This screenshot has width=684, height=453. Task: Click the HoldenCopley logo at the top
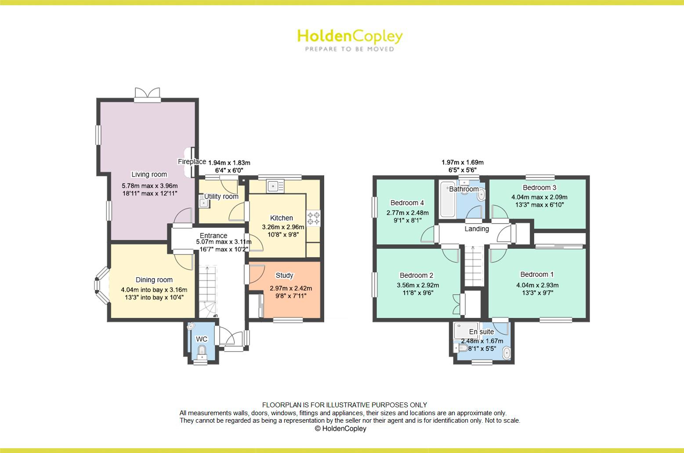click(x=350, y=40)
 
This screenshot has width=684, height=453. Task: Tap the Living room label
click(x=149, y=174)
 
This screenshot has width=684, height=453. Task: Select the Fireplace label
click(x=192, y=162)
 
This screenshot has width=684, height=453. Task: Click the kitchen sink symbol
click(x=275, y=186)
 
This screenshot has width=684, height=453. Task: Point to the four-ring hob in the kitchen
click(x=313, y=218)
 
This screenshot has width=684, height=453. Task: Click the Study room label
click(x=284, y=275)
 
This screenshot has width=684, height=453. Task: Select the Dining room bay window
click(x=102, y=286)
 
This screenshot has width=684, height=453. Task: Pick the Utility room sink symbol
click(x=203, y=203)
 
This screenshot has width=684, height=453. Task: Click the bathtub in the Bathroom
click(x=448, y=199)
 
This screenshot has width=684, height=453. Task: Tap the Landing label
click(x=477, y=229)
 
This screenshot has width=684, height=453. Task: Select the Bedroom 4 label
click(x=407, y=203)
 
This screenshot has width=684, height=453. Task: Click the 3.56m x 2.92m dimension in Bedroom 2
click(x=418, y=285)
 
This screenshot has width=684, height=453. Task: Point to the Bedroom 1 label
click(x=537, y=274)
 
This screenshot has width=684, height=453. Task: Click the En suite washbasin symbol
click(x=506, y=353)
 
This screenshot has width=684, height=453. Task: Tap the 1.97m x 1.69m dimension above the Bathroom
click(x=462, y=163)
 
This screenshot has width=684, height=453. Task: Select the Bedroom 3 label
click(x=539, y=188)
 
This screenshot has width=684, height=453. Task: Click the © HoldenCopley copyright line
click(x=340, y=428)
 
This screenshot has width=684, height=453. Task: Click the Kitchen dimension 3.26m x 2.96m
click(x=283, y=227)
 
